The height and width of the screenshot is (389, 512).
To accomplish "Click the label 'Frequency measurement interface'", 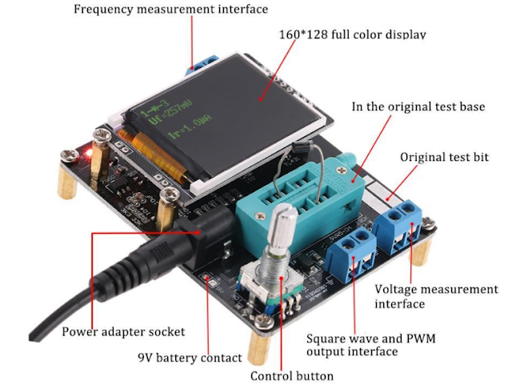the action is [x=170, y=10].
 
